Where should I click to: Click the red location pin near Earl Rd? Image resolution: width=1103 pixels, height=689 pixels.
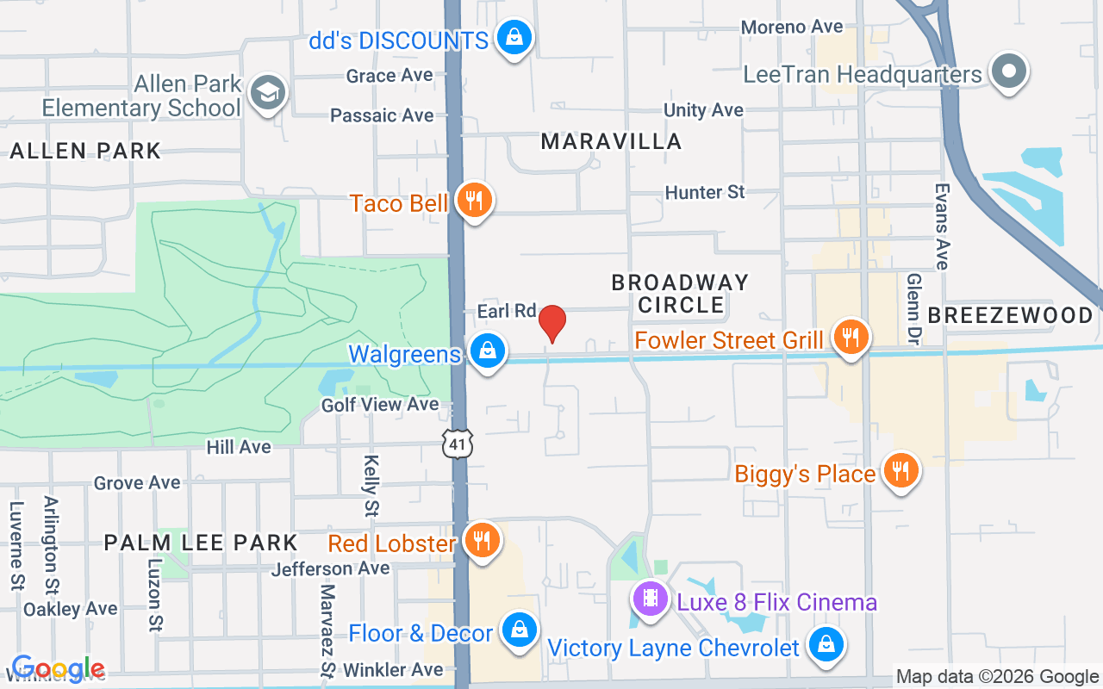(x=552, y=323)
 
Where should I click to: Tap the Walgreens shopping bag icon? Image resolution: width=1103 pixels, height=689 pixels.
(x=488, y=351)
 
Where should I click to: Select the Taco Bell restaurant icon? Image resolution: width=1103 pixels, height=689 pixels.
(x=474, y=201)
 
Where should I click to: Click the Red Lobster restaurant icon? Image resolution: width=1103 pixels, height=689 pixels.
(x=482, y=541)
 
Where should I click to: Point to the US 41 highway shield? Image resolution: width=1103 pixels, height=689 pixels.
(x=458, y=444)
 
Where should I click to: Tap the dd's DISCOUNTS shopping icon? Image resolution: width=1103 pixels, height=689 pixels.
(x=514, y=38)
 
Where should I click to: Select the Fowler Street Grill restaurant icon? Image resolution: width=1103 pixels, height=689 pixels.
(x=851, y=337)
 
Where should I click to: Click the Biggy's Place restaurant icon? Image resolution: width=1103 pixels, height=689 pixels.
(x=900, y=470)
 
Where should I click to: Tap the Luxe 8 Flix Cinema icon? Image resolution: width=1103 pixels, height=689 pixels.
(x=651, y=599)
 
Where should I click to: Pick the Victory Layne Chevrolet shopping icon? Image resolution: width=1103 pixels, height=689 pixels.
(x=826, y=644)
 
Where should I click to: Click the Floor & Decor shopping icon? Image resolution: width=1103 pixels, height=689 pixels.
(x=519, y=631)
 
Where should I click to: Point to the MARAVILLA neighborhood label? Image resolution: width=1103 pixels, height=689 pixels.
(x=611, y=141)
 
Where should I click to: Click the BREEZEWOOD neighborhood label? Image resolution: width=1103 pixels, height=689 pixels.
(x=1011, y=316)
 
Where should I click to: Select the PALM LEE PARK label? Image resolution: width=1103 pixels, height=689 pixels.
(x=201, y=543)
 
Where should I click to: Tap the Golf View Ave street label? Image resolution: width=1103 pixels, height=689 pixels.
(x=380, y=404)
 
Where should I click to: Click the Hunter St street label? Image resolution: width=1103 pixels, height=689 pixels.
(x=705, y=192)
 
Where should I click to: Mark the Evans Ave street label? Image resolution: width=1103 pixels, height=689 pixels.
(x=942, y=226)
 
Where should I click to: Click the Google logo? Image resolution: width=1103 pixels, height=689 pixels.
(x=58, y=668)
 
